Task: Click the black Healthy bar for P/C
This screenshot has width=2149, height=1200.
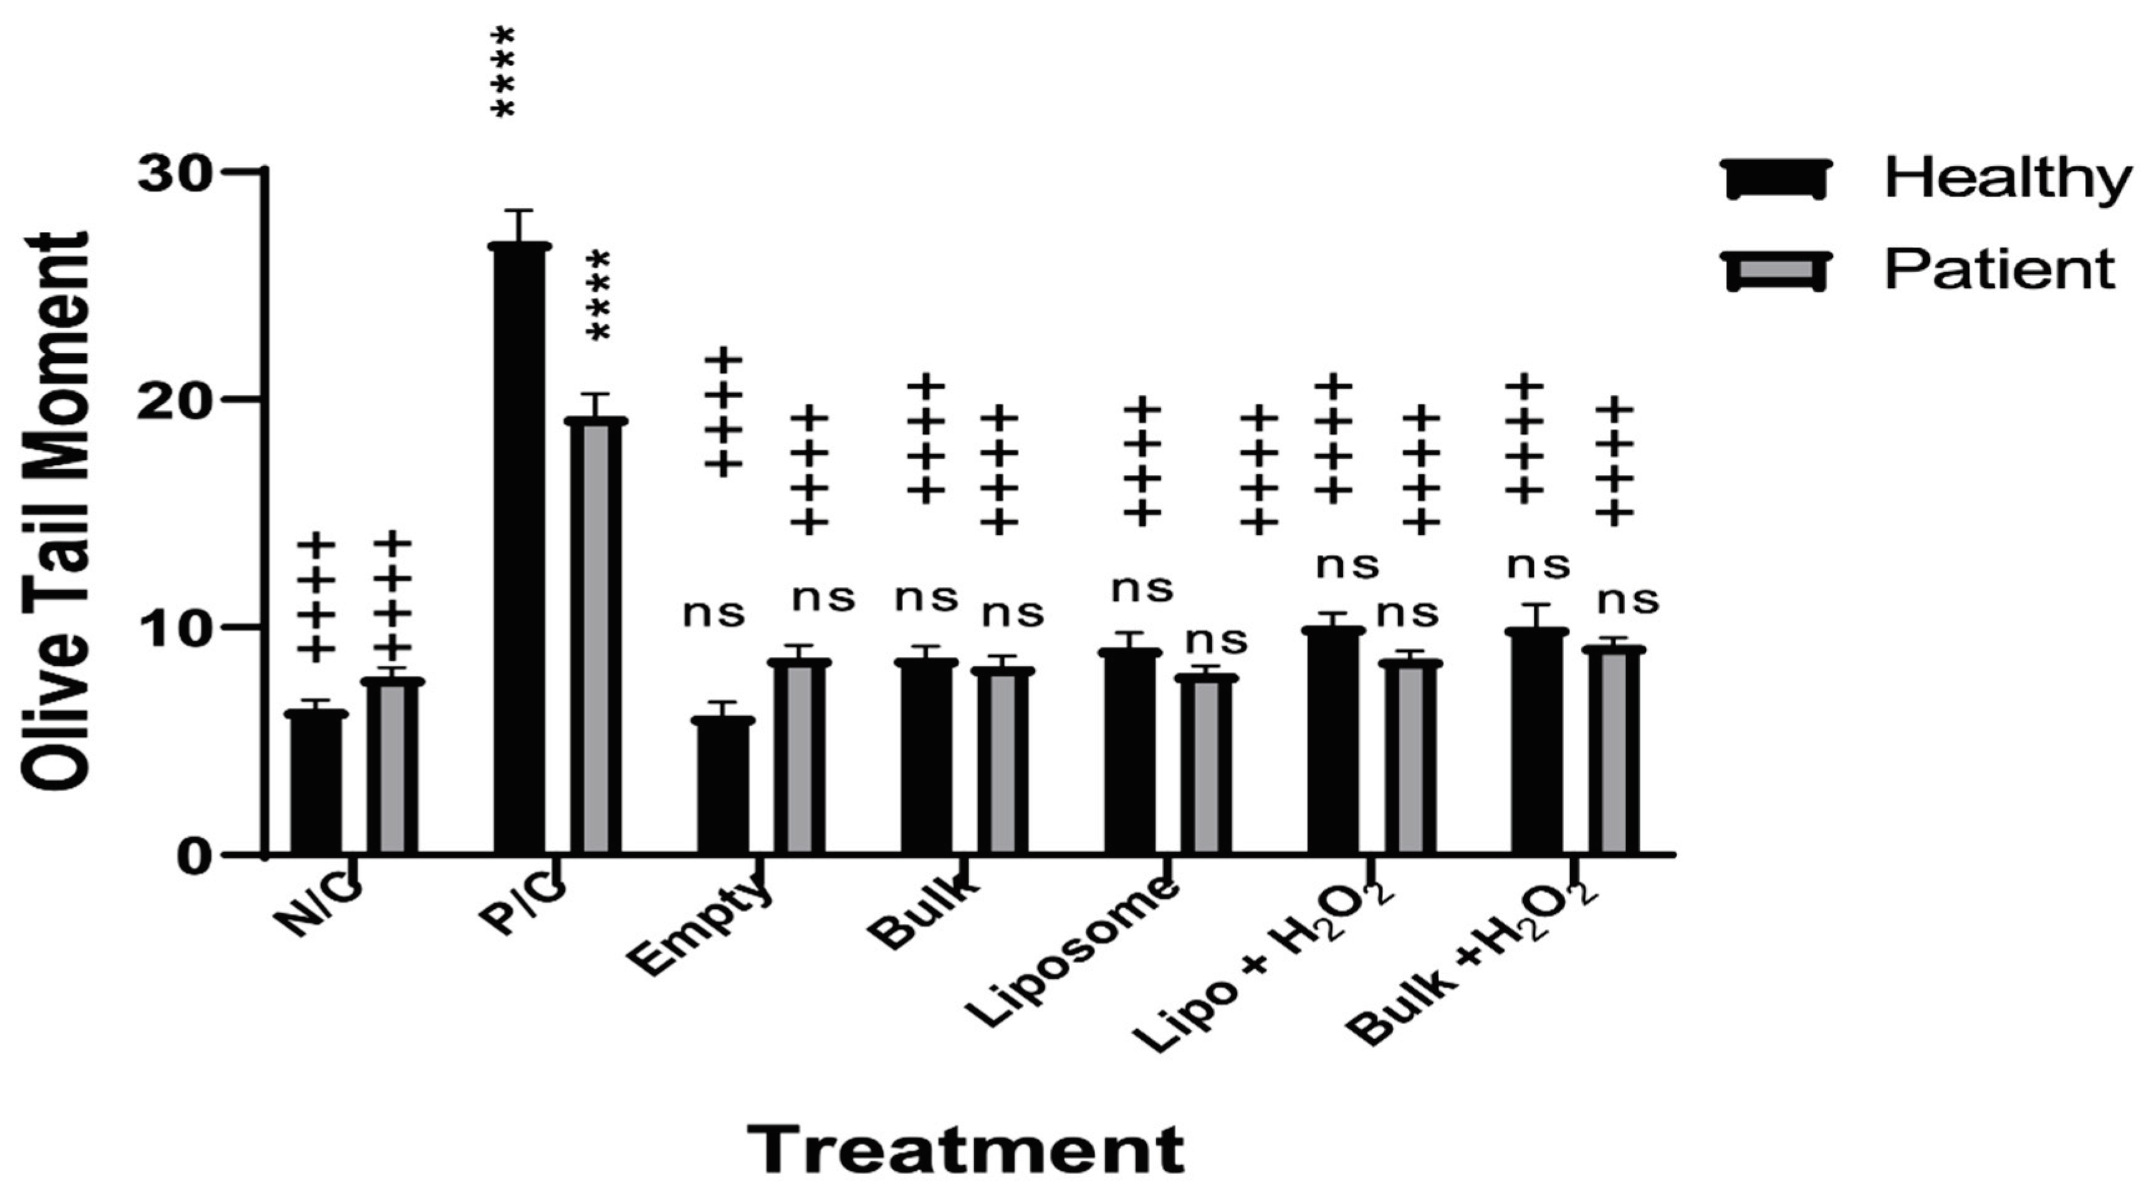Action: (x=519, y=551)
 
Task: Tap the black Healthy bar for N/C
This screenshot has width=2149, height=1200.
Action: (x=315, y=784)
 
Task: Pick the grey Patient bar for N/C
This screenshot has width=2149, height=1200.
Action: (x=392, y=768)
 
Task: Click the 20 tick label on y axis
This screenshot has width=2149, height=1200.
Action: (x=173, y=401)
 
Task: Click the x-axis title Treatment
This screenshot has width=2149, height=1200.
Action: (x=965, y=1149)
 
